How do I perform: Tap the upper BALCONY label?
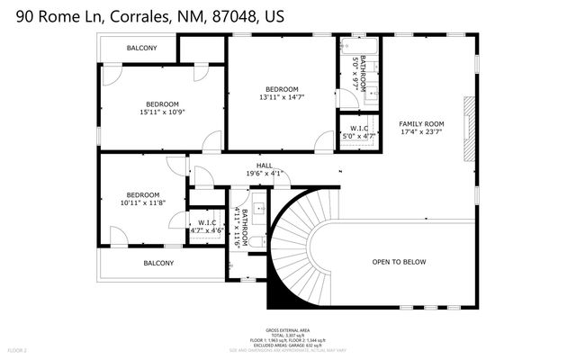pos(142,48)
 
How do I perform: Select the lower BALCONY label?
pos(158,263)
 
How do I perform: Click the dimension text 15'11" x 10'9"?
pos(162,112)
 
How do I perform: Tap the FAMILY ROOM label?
pos(422,123)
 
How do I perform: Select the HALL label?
pos(265,166)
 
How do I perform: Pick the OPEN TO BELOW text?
pos(399,262)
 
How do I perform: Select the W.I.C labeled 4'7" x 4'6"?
pos(206,225)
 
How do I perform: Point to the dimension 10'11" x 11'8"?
pos(143,203)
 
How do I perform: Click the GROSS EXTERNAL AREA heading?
pos(289,330)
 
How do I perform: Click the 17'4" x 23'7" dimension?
pos(422,132)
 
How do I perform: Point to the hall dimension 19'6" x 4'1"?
pos(265,174)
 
